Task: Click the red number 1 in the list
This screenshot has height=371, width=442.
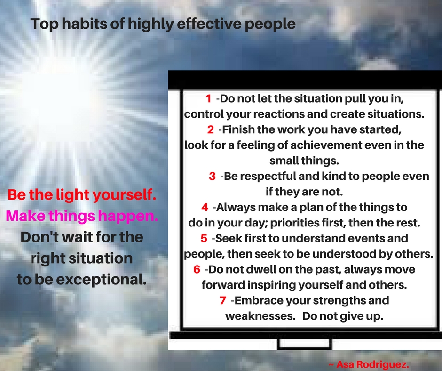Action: [208, 99]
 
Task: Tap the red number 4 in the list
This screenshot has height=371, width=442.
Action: [205, 207]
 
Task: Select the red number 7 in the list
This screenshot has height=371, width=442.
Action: [223, 300]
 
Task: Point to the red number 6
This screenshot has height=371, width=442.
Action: [197, 270]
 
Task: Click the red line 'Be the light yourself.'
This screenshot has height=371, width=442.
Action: [82, 194]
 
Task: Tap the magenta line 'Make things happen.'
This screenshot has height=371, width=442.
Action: [82, 216]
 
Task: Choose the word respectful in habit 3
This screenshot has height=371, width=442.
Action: [267, 177]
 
